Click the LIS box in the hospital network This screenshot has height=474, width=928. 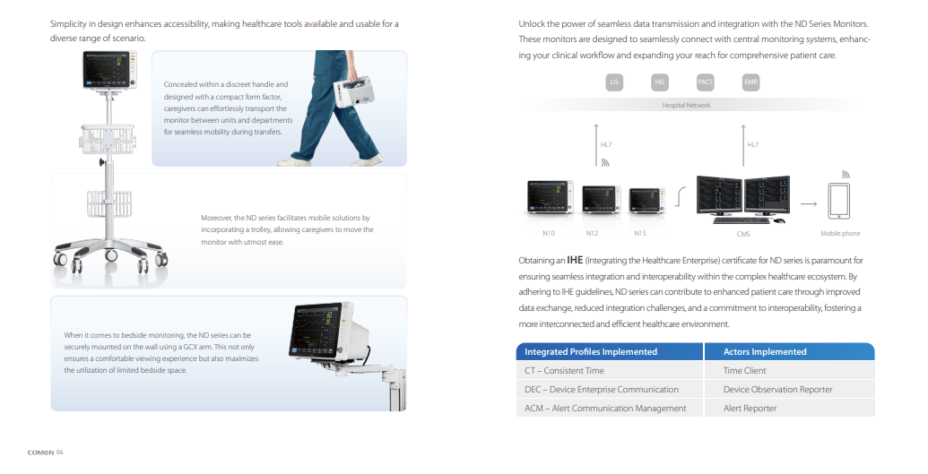point(614,82)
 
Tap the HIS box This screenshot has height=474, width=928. point(660,82)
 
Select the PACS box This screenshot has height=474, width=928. point(706,82)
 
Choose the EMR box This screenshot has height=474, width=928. point(751,82)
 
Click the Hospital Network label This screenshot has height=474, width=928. point(685,105)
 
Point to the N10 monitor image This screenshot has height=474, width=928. point(549,199)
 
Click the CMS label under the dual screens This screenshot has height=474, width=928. point(743,234)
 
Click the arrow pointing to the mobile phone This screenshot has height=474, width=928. point(808,204)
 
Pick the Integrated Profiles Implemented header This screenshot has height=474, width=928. point(591,352)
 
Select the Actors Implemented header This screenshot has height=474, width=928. point(765,352)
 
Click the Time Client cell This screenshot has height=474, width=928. point(745,371)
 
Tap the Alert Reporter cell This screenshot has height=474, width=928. point(750,409)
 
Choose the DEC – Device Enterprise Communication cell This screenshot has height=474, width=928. point(601,390)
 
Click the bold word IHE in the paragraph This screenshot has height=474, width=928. point(576,261)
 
